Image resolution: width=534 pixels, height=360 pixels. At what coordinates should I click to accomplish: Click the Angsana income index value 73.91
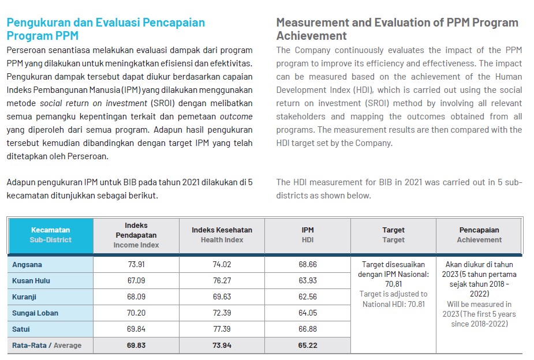tap(136, 264)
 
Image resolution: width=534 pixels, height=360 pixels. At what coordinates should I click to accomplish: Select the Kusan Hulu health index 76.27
tap(222, 281)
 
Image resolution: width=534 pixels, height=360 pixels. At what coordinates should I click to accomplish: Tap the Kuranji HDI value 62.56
tap(308, 297)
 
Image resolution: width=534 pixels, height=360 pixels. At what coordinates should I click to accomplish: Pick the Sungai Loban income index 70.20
tap(136, 313)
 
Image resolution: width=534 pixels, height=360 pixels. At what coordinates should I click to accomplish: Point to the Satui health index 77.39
tap(222, 329)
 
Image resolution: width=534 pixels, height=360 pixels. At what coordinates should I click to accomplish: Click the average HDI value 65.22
tap(308, 345)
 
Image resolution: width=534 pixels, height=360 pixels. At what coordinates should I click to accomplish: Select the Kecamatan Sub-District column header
tap(50, 235)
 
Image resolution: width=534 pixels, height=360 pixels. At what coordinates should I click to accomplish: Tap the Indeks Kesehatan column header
tap(222, 235)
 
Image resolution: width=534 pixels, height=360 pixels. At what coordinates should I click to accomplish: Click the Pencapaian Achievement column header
tap(479, 235)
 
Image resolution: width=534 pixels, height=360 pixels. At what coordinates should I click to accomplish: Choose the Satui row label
tap(21, 329)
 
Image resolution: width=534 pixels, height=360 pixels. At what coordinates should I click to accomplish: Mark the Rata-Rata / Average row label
tap(47, 345)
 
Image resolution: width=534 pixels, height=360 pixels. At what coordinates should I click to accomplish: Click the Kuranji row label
tap(24, 297)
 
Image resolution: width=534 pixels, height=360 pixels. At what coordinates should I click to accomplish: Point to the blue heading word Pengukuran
tap(39, 22)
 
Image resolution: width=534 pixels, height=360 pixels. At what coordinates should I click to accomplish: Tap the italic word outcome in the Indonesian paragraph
tap(236, 117)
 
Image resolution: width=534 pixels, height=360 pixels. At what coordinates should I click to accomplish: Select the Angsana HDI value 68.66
tap(308, 264)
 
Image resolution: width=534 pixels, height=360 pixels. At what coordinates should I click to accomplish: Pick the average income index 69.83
tap(136, 345)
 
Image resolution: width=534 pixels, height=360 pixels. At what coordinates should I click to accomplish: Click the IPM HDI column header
tap(308, 235)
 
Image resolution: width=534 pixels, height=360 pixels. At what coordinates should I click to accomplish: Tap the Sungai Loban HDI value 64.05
tap(308, 313)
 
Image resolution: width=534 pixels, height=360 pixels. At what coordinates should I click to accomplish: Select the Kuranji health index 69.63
tap(222, 297)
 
